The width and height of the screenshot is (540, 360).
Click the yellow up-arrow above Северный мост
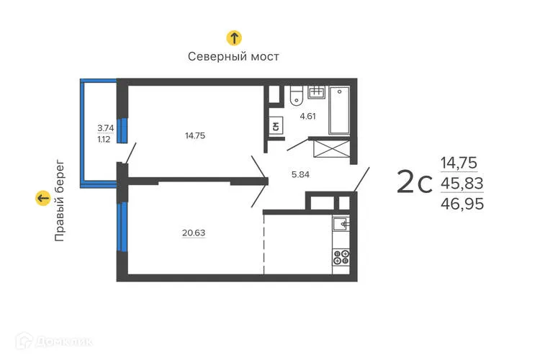click(233, 38)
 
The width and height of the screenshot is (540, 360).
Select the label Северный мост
click(233, 56)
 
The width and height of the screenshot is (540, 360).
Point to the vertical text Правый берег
click(60, 199)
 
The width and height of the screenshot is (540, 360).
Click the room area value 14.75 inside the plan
click(195, 135)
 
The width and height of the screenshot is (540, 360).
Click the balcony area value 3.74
click(105, 128)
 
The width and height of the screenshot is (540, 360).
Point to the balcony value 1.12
click(105, 140)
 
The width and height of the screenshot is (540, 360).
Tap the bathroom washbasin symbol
click(317, 92)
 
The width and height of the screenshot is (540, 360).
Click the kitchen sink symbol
click(341, 225)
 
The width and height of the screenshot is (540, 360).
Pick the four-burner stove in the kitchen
click(341, 258)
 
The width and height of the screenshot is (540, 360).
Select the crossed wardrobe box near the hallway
click(333, 150)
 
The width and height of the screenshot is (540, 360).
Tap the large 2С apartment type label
click(415, 183)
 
